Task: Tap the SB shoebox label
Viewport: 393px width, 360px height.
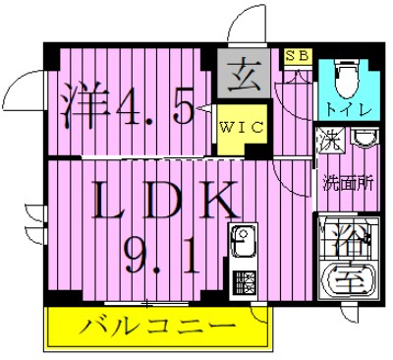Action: pos(296,56)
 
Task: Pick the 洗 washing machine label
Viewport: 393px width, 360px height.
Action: pos(329,140)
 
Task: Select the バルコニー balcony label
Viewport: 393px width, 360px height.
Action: pos(156,326)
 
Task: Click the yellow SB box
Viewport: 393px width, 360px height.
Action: pos(296,56)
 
